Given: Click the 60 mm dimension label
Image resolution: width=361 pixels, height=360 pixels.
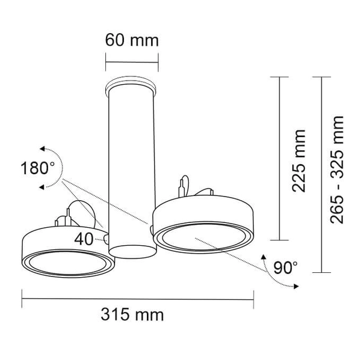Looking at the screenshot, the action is pyautogui.click(x=132, y=40).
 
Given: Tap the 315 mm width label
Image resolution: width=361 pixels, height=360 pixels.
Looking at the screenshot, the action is pyautogui.click(x=132, y=314).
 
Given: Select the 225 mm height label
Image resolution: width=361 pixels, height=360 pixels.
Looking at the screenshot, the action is pyautogui.click(x=298, y=161).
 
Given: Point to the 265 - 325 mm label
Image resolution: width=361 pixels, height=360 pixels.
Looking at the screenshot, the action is pyautogui.click(x=337, y=169).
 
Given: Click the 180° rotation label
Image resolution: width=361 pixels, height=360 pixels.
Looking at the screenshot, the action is pyautogui.click(x=38, y=168).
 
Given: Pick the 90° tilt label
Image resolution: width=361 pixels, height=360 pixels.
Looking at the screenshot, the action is pyautogui.click(x=285, y=267).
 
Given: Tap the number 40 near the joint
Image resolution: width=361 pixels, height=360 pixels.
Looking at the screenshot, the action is pyautogui.click(x=84, y=239).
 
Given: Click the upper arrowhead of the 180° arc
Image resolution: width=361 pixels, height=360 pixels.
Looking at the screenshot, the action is pyautogui.click(x=42, y=149).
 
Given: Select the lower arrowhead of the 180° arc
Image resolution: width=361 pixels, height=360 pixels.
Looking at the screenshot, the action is pyautogui.click(x=42, y=188).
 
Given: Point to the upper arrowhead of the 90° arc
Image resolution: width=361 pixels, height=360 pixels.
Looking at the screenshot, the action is pyautogui.click(x=264, y=257).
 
